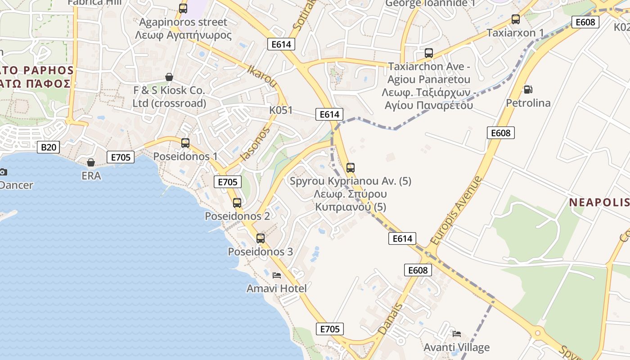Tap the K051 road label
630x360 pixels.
[281, 110]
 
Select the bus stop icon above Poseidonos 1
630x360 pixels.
[185, 143]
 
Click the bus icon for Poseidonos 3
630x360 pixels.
[261, 238]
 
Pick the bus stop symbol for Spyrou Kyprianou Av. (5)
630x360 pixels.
[351, 168]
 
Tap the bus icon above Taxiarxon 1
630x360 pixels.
[516, 19]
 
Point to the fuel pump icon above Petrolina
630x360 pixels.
[528, 90]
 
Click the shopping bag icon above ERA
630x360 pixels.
[91, 162]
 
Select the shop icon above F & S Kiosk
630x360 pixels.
[169, 77]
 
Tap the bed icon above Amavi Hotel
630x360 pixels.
[277, 275]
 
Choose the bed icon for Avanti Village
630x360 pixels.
[457, 334]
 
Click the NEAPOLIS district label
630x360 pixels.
[599, 202]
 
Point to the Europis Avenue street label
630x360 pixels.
[456, 211]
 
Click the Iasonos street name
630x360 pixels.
[256, 144]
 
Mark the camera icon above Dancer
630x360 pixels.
[3, 172]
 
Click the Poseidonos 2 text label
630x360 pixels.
[237, 216]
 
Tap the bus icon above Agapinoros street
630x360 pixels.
[183, 8]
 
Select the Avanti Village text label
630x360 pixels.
[456, 347]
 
